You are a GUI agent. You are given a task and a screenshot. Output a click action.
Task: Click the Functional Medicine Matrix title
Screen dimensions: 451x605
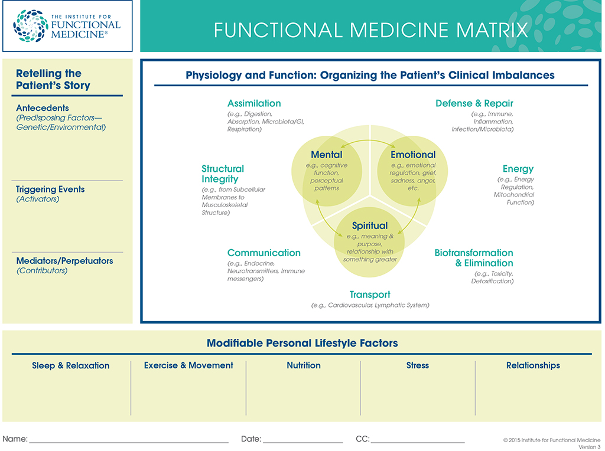370,30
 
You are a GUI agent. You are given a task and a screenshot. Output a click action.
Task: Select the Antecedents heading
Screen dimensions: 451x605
43,108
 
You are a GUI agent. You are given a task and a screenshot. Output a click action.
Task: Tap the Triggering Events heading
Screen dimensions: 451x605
50,189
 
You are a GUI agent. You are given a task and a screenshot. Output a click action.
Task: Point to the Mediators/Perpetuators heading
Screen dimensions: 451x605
64,261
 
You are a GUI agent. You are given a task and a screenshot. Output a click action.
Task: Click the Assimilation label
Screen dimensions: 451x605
254,103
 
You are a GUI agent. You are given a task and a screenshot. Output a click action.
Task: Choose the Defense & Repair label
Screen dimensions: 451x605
474,103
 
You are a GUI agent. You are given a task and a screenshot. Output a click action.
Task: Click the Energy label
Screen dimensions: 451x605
518,169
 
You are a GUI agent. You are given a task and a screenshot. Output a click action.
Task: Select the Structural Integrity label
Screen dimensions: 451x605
222,174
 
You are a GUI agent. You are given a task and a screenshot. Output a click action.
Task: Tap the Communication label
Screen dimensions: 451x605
264,253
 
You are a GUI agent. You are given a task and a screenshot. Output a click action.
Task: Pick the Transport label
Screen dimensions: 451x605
370,295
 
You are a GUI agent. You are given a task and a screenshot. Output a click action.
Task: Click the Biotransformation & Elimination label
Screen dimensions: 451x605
474,258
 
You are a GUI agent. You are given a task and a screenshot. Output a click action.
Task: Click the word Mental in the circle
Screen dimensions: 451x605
327,155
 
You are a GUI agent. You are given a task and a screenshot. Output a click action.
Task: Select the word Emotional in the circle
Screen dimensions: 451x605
413,155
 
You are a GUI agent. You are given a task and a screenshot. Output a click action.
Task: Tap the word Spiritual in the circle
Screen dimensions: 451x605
370,225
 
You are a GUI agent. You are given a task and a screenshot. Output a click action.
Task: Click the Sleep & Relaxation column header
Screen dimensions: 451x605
70,365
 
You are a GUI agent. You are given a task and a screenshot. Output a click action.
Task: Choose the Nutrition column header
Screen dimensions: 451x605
304,365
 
